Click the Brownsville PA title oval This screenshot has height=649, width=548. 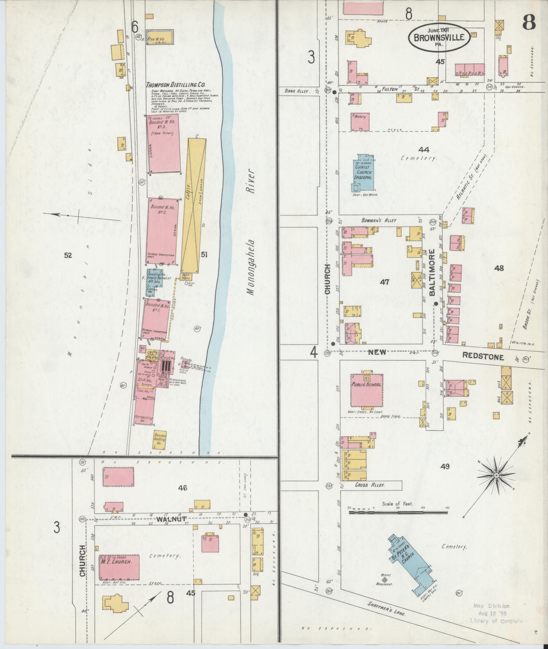439,37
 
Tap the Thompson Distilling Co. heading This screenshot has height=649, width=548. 175,85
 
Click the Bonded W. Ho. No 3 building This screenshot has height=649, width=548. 164,144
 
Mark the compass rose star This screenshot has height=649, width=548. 496,475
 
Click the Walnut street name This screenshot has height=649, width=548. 167,519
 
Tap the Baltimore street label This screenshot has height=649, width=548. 432,273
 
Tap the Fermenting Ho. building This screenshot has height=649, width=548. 144,412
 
